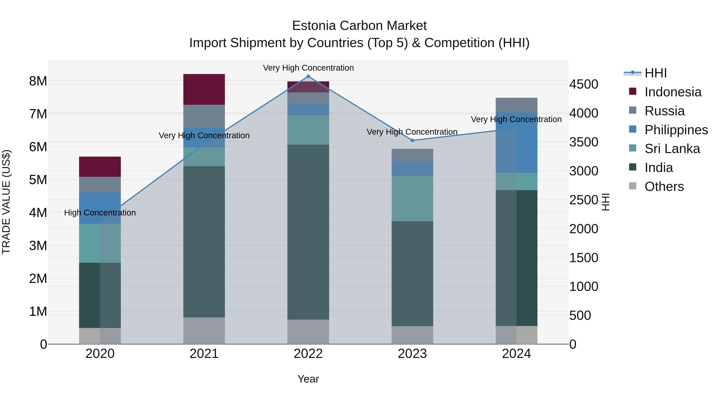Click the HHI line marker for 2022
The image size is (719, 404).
[308, 76]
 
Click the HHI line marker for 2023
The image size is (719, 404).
[412, 140]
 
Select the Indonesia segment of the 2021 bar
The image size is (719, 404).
[204, 90]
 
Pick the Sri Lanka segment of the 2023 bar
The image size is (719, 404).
[412, 199]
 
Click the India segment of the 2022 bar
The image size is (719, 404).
[308, 232]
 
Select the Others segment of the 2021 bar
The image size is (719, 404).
[204, 331]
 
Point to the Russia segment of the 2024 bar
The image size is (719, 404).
[516, 105]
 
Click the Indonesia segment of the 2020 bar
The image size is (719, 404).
[100, 167]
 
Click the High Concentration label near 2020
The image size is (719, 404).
[100, 213]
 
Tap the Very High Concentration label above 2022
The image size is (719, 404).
[308, 68]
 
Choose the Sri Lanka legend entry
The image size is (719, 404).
[672, 149]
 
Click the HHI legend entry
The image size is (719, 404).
[655, 73]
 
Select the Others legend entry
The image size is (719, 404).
[664, 187]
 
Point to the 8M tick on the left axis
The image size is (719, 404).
[38, 81]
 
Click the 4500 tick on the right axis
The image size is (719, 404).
[584, 84]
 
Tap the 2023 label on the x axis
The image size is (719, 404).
[412, 354]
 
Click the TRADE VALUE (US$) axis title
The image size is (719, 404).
[6, 202]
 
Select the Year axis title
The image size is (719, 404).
[308, 379]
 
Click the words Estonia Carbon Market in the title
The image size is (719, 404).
[359, 26]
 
